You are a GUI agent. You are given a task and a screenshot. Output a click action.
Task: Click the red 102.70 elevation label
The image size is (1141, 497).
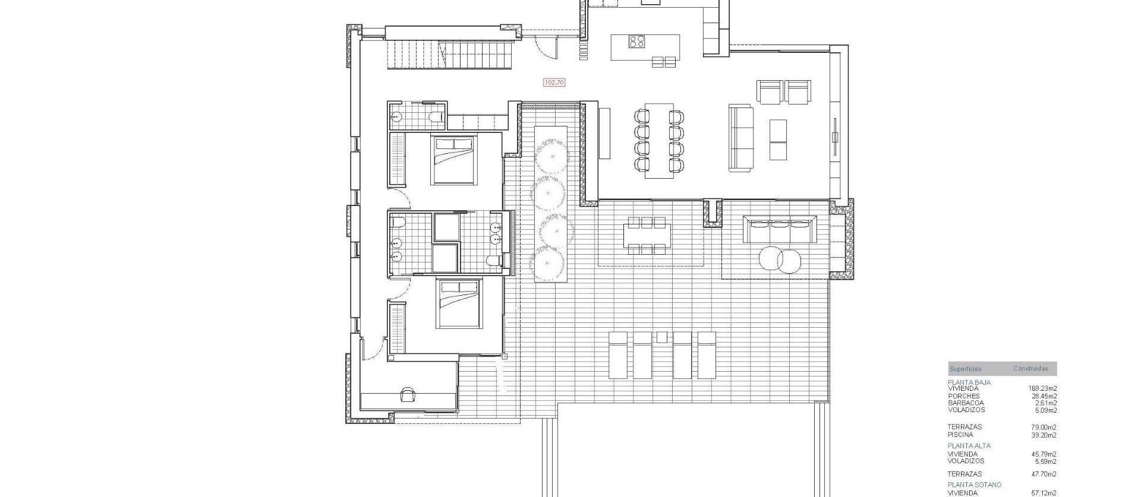554,83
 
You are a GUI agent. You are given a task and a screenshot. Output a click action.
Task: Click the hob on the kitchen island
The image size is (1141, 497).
637,42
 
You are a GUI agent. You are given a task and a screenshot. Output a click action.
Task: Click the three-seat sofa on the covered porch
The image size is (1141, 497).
778,229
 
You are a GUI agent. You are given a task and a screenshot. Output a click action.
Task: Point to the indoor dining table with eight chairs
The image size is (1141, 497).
659,140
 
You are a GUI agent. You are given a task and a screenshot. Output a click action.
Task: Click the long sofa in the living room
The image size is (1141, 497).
740,138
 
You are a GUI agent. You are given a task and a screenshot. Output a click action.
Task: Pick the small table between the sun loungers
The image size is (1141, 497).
662,337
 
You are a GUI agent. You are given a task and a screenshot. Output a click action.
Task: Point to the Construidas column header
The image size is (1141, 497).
1030,369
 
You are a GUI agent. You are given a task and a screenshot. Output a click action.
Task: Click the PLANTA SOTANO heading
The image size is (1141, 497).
975,485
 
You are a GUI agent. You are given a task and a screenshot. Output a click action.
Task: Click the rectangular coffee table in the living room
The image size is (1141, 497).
778,139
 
